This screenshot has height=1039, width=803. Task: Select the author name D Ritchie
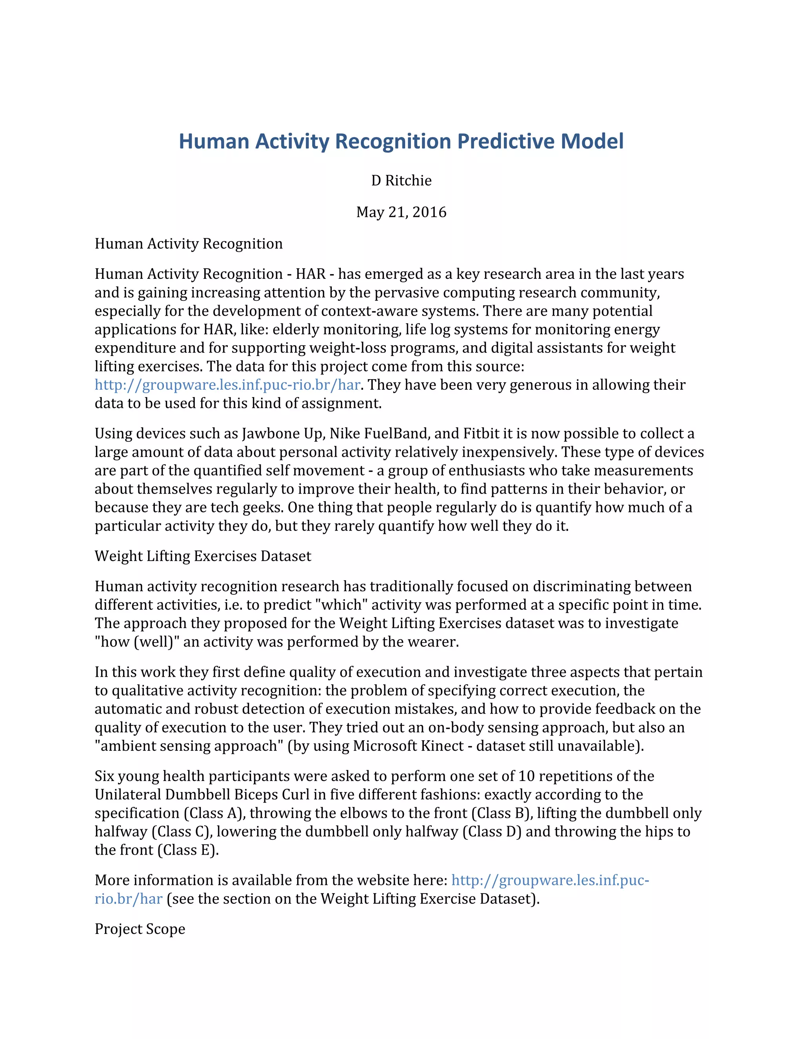[x=401, y=181]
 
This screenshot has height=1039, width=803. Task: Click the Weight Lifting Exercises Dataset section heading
[x=203, y=556]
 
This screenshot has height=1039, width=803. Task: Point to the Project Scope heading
[x=140, y=929]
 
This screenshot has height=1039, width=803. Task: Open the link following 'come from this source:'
[x=227, y=385]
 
